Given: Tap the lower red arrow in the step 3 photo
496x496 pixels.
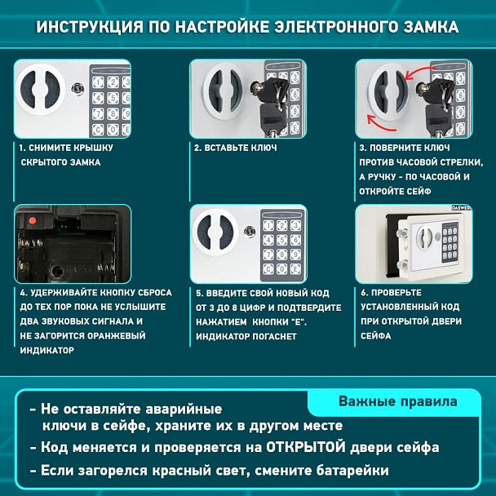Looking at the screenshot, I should coord(380,123).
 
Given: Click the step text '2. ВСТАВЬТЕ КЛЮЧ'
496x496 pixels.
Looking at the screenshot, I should coord(235,148).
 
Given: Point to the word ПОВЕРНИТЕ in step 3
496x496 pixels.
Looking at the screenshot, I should coord(401,148).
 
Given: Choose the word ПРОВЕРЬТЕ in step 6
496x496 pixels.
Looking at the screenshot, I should coord(396,292).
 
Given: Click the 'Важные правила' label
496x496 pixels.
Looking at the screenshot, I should coord(397,401).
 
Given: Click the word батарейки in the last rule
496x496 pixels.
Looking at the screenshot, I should coord(346,471).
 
